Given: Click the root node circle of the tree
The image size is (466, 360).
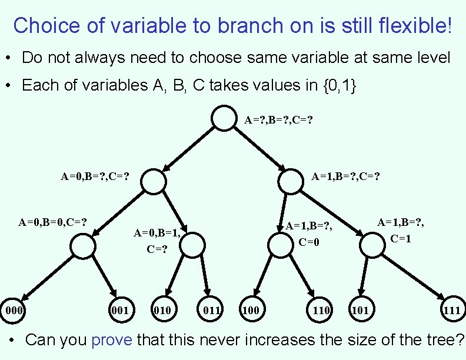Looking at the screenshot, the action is (x=224, y=118).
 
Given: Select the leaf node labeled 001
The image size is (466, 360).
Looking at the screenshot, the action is (x=120, y=309).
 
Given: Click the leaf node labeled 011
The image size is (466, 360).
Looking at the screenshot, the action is (x=211, y=309).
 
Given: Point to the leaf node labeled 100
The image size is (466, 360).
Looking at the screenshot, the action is (x=250, y=309).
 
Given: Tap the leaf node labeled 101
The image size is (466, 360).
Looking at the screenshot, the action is (x=360, y=309).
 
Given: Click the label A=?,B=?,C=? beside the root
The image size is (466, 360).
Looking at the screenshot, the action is (x=278, y=120).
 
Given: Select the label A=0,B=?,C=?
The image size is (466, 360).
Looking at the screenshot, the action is (x=95, y=175).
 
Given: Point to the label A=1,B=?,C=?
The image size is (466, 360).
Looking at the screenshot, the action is (x=345, y=175).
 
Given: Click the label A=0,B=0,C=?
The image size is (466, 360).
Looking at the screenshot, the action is (x=53, y=222).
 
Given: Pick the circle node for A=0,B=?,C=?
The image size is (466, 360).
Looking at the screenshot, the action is (x=154, y=181).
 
